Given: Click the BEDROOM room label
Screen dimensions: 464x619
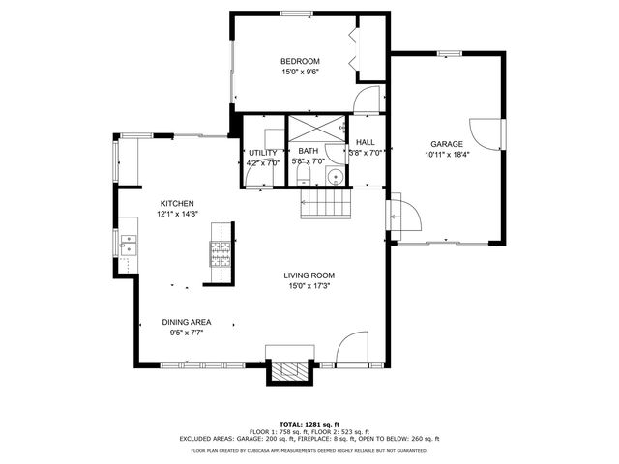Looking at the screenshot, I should tap(300, 61).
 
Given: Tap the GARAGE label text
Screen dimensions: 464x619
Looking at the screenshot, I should tap(446, 144).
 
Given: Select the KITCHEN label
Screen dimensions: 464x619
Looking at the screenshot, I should tap(177, 203).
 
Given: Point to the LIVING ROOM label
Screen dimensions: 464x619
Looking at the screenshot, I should tap(309, 275).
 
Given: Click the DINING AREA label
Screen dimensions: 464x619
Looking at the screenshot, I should tap(187, 322).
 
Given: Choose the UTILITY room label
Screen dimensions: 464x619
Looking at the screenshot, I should tap(262, 153).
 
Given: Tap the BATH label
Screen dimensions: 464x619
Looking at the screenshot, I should tap(308, 151).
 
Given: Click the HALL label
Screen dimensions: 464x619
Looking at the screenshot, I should tap(366, 142).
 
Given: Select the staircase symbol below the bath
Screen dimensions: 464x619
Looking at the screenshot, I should tap(327, 204).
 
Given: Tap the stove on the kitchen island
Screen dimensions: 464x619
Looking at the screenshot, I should tap(220, 254).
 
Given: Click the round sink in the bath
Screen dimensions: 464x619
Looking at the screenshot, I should tap(335, 176).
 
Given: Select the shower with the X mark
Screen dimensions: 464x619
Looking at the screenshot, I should tap(314, 129).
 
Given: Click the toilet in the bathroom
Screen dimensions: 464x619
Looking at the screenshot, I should tap(304, 174).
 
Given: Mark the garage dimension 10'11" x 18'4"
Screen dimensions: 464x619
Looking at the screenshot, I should tap(446, 154).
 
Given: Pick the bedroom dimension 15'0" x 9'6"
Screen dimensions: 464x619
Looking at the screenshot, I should tap(300, 72).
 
